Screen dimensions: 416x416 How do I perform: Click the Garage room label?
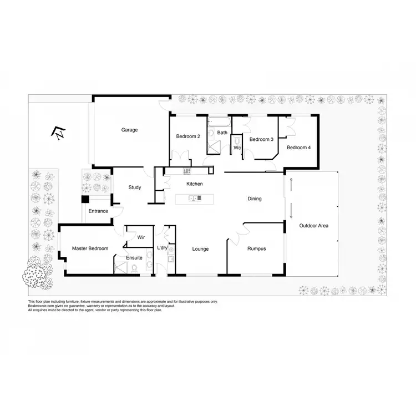[x=130, y=130]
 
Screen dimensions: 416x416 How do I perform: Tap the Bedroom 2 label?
[x=188, y=136]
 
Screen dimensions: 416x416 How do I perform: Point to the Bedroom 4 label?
[x=298, y=147]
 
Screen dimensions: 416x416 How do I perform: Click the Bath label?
[x=222, y=133]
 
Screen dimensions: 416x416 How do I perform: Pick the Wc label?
[x=237, y=148]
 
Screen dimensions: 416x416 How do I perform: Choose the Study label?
[x=135, y=187]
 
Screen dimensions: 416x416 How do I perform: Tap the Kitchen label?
[x=195, y=184]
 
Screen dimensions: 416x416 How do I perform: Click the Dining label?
[x=255, y=199]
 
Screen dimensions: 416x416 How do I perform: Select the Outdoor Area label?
[x=314, y=226]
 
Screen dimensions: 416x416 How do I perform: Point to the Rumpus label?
[x=256, y=249]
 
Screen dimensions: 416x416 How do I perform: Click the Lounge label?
[x=200, y=249]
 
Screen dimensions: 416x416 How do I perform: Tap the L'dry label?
[x=163, y=247]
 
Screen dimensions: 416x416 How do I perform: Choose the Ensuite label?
[x=134, y=258]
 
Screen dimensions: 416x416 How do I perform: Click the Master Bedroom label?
[x=90, y=248]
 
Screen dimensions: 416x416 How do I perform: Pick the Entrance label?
[x=98, y=211]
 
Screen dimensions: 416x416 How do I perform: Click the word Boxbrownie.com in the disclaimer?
[x=42, y=306]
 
